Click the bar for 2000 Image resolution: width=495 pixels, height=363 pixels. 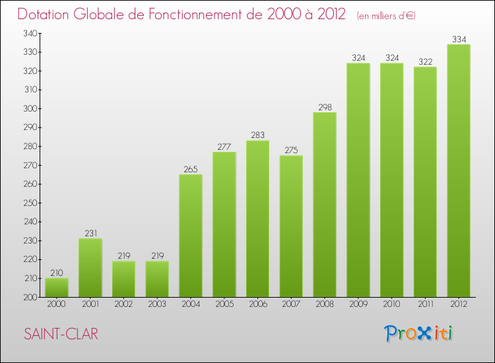coord(56,288)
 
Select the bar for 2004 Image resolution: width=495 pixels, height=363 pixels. coord(190,236)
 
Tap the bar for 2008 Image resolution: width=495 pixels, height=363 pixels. coord(324,205)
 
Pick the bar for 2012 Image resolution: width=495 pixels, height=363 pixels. coord(458,171)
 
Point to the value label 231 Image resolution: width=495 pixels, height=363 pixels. coord(90,233)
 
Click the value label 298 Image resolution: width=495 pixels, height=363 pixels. coord(324,107)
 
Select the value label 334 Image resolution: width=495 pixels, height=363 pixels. coord(458,39)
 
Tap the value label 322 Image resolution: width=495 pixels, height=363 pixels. coord(424,61)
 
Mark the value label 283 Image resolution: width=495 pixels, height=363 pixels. coord(257,135)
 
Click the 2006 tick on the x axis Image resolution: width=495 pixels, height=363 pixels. coord(257,304)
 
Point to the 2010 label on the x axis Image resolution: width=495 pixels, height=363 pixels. coord(391,304)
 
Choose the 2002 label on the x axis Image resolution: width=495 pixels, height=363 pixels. coord(123,304)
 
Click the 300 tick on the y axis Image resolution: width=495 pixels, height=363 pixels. coord(29,109)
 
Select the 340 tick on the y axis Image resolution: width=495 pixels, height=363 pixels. coord(29,34)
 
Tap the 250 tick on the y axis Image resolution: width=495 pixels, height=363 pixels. coord(29,203)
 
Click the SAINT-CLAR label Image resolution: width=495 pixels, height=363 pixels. coord(61,335)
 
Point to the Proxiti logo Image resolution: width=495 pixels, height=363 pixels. coord(418,333)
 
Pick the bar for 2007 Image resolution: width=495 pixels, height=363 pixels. coord(291,226)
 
